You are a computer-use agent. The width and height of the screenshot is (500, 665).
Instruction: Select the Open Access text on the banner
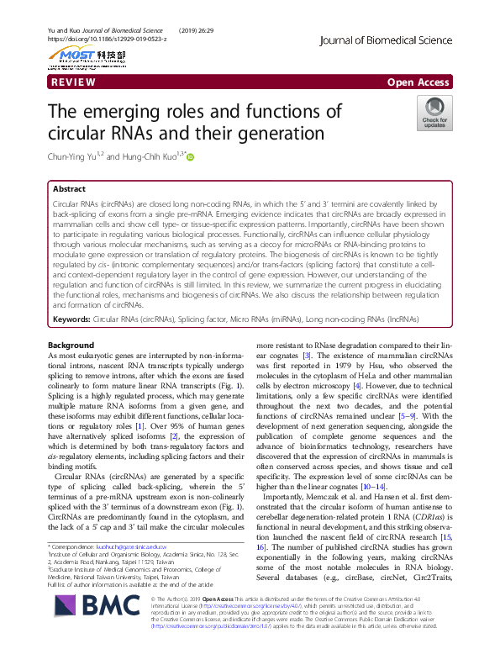418,82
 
